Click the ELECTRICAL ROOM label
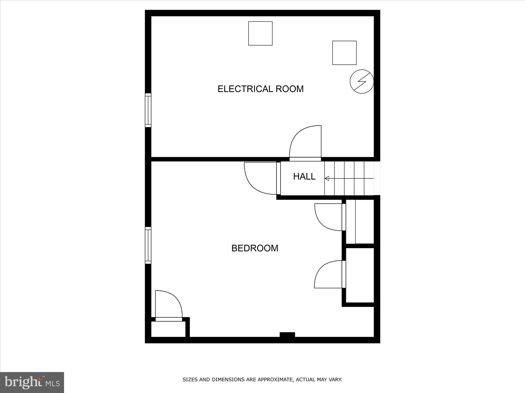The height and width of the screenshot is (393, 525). [x=260, y=89]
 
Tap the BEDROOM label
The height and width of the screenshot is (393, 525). [x=255, y=248]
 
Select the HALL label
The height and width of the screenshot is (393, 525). [x=304, y=177]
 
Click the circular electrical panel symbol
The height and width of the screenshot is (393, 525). [x=362, y=81]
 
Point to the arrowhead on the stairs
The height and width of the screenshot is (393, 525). [x=327, y=178]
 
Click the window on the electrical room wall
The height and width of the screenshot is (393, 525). [x=148, y=110]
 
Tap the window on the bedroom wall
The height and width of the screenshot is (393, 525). [x=148, y=245]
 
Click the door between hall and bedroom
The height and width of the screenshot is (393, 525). [x=261, y=178]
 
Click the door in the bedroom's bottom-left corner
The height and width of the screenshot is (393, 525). [x=169, y=305]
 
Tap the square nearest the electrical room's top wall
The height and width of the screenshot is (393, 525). [x=260, y=33]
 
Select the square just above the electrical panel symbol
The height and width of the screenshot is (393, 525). [x=344, y=53]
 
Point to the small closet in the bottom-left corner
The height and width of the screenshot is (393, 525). [x=168, y=329]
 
